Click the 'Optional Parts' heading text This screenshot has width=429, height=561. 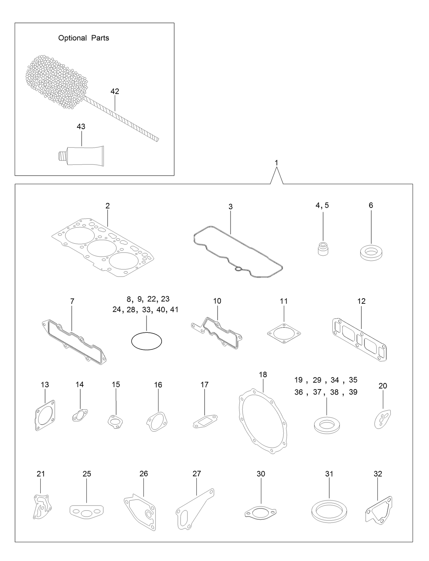pos(83,38)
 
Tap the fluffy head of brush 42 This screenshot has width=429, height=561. pos(56,82)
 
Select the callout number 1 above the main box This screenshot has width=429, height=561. pos(276,163)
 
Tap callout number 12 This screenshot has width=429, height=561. pos(361,301)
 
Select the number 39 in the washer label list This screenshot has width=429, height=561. pos(353,392)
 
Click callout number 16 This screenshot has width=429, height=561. pos(158,385)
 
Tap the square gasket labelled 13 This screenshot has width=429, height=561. pos(45,415)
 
